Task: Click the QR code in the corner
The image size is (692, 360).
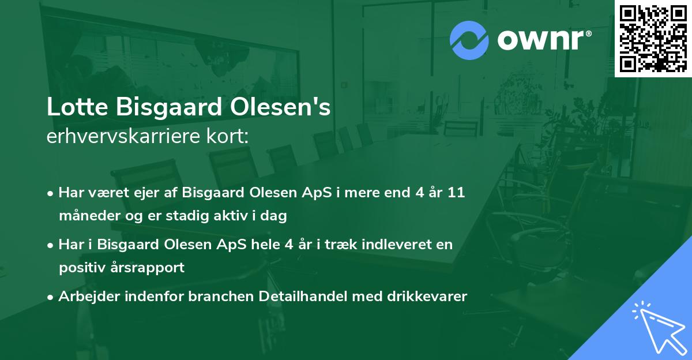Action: [653, 38]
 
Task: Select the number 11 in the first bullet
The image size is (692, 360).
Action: [456, 193]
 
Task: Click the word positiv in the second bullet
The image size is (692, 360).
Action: [79, 268]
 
